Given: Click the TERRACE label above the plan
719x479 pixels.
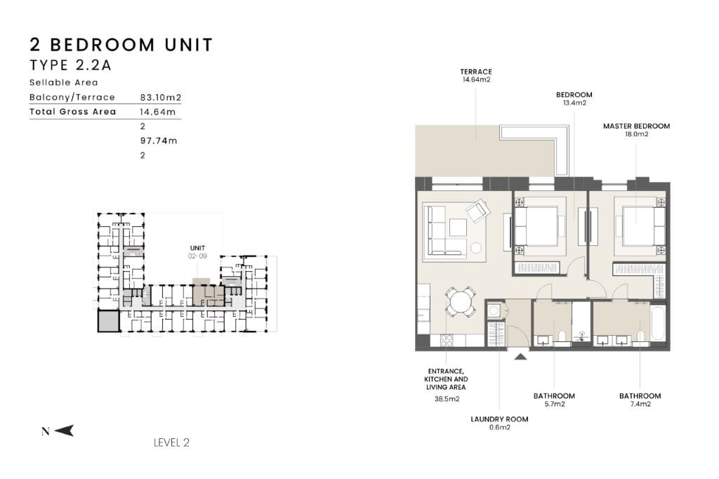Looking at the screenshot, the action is pyautogui.click(x=476, y=72).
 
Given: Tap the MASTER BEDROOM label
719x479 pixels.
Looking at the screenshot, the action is pyautogui.click(x=636, y=126).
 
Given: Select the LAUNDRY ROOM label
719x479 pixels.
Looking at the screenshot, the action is pyautogui.click(x=499, y=419).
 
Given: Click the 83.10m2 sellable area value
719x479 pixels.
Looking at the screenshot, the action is pyautogui.click(x=161, y=97).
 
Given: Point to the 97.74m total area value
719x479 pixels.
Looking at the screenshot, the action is pyautogui.click(x=159, y=141).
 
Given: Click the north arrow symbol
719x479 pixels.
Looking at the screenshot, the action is pyautogui.click(x=64, y=431).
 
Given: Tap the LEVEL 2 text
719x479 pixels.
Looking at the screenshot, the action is pyautogui.click(x=171, y=442).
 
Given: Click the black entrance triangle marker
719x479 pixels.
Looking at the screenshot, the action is pyautogui.click(x=520, y=355).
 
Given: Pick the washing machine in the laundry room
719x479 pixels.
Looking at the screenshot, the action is pyautogui.click(x=494, y=311).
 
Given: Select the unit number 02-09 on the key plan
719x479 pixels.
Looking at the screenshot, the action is pyautogui.click(x=197, y=256).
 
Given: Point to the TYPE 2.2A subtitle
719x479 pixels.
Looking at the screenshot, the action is pyautogui.click(x=71, y=65).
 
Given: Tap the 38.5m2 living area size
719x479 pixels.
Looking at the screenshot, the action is pyautogui.click(x=447, y=399).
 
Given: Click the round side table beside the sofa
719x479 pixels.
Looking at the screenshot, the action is pyautogui.click(x=477, y=248).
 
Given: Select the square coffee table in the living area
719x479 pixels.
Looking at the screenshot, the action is pyautogui.click(x=458, y=227).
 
